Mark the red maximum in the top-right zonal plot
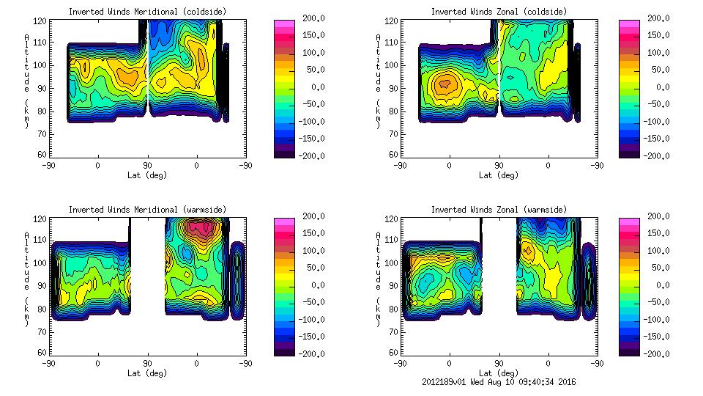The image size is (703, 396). pyautogui.click(x=443, y=84)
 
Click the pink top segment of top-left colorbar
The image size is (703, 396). pyautogui.click(x=284, y=23)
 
